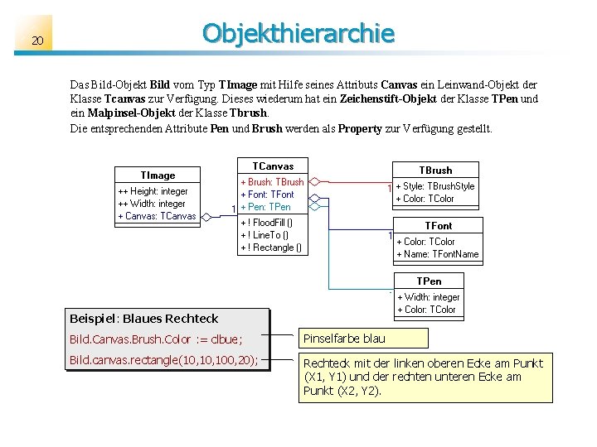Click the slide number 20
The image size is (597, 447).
coord(37,41)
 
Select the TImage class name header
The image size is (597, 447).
coord(158,175)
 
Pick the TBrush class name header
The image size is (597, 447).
coord(435,170)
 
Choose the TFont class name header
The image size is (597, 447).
coord(439,225)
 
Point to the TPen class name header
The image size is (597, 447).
coord(429,281)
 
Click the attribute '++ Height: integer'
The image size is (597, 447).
coord(153,191)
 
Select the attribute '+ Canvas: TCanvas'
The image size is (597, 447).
coord(158,216)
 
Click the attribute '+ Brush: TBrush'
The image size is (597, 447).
coord(272,182)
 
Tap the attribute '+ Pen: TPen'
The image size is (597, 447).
coord(265,207)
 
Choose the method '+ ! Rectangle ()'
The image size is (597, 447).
coord(271,248)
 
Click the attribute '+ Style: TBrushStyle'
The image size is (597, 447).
coord(435,186)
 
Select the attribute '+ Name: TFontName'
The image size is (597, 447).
coord(438,254)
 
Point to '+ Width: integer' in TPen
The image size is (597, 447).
coord(429,297)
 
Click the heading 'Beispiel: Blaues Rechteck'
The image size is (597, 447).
coord(144,319)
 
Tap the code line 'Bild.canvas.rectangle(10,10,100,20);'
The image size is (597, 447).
coord(164,360)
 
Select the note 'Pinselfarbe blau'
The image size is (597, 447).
coord(344,339)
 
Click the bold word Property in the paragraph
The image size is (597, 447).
coord(360,128)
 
